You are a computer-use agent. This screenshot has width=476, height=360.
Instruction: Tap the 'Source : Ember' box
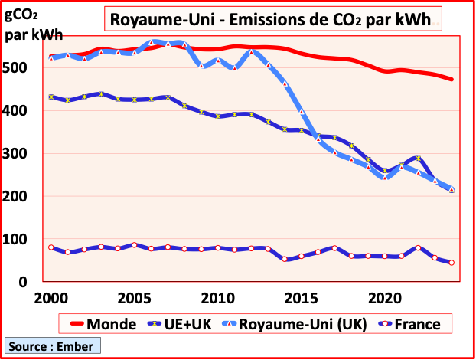pyautogui.click(x=51, y=346)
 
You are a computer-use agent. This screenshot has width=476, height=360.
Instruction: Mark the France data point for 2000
pyautogui.click(x=51, y=247)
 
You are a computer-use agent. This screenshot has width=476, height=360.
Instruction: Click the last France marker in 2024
pyautogui.click(x=452, y=263)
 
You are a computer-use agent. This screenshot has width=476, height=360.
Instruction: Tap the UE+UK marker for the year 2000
pyautogui.click(x=51, y=97)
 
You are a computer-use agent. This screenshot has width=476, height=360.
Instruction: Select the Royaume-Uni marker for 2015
pyautogui.click(x=302, y=112)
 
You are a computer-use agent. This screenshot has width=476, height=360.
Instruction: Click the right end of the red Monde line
pyautogui.click(x=452, y=79)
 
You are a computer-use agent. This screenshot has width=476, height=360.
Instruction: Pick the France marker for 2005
pyautogui.click(x=134, y=245)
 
